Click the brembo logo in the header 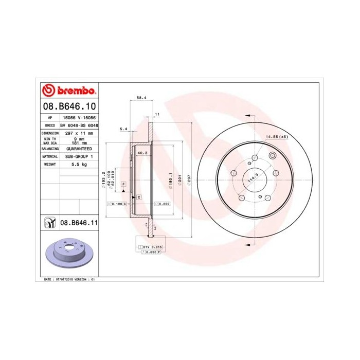point(68,91)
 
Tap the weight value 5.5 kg point(79,164)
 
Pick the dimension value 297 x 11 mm point(79,133)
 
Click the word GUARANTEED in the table point(79,148)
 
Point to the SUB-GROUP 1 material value point(79,156)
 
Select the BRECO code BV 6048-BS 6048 point(79,125)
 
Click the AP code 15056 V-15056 point(79,117)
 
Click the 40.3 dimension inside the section point(142,153)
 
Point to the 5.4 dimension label point(123,128)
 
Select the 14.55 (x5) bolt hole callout point(277,137)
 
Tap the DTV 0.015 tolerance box point(153,248)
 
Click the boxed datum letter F point(123,184)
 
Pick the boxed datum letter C point(139,197)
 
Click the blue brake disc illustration point(68,254)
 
